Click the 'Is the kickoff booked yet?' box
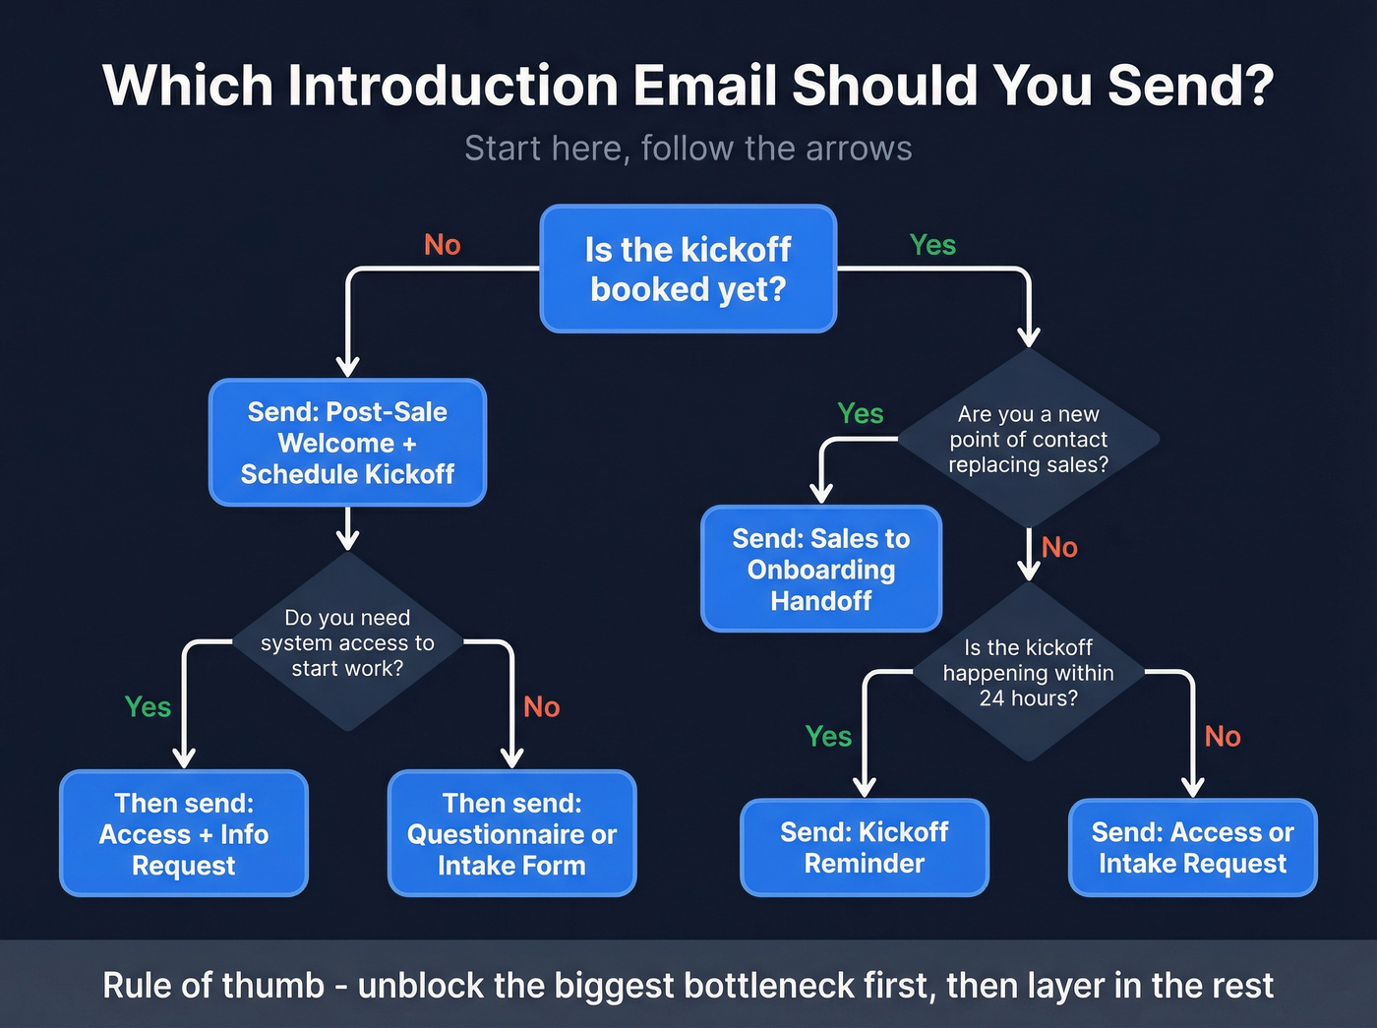[x=688, y=269]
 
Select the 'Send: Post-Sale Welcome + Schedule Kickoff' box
[x=347, y=443]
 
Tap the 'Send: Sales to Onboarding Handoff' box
[x=821, y=569]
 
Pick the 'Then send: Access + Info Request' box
[x=184, y=833]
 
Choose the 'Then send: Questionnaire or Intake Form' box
[x=511, y=833]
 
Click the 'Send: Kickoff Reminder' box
[x=864, y=847]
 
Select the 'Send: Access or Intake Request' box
[x=1192, y=847]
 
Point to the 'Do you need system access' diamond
[x=347, y=642]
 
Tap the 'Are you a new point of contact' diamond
[x=1028, y=439]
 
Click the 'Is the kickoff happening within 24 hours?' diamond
[x=1028, y=673]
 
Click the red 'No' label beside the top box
[x=442, y=245]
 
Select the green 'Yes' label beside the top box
[x=932, y=245]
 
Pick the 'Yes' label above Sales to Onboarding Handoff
[x=860, y=414]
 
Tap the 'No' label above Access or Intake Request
[x=1223, y=737]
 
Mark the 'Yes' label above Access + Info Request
[x=148, y=707]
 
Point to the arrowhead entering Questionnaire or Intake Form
[x=511, y=757]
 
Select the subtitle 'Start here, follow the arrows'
[x=688, y=149]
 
